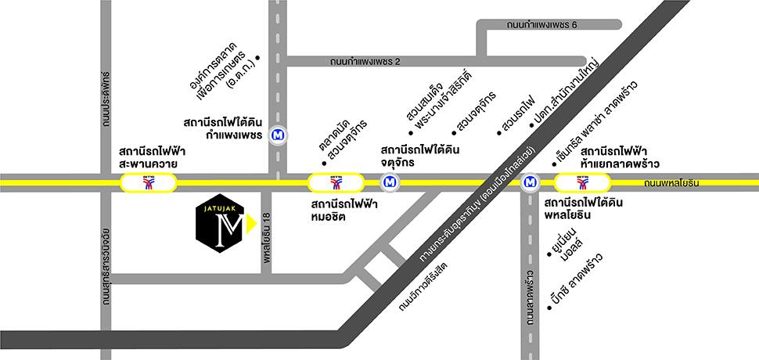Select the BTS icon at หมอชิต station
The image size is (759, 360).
pyautogui.click(x=336, y=184)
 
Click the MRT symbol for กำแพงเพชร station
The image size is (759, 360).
pyautogui.click(x=277, y=135)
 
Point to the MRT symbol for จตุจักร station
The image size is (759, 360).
pyautogui.click(x=389, y=183)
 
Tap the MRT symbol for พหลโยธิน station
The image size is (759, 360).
pyautogui.click(x=531, y=183)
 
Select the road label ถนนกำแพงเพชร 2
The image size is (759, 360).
pyautogui.click(x=365, y=61)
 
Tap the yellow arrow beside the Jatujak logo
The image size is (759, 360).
pyautogui.click(x=250, y=225)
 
